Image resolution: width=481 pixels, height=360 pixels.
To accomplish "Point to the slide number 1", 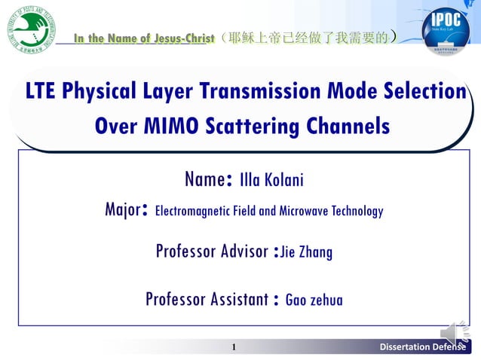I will [234, 347].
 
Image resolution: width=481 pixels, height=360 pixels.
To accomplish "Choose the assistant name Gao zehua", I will [314, 301].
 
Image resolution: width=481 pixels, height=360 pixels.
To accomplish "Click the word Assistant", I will [230, 300].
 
